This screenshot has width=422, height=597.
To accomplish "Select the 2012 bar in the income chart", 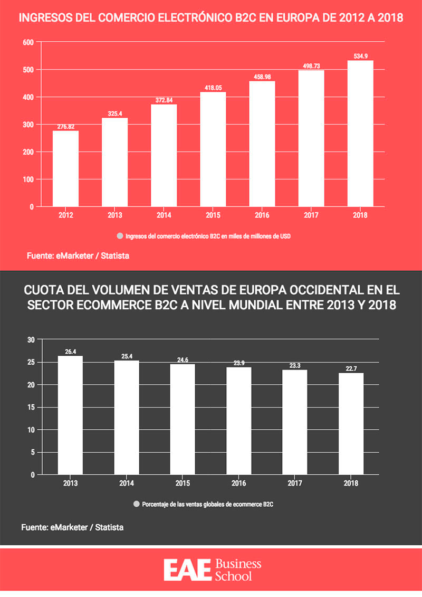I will click(65, 168).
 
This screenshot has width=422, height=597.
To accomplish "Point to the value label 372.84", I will click(164, 100).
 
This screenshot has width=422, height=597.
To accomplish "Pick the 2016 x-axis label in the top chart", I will click(262, 215).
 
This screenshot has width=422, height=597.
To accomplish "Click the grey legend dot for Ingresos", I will click(120, 236).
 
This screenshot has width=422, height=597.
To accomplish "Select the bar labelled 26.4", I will click(70, 415).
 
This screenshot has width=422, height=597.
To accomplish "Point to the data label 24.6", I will click(183, 360).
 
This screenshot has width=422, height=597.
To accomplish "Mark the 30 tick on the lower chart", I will click(31, 339).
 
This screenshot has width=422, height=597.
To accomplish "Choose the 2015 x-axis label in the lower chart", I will click(183, 484).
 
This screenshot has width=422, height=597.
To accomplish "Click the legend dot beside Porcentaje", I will click(137, 504).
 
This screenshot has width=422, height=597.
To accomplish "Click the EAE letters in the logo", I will click(187, 571).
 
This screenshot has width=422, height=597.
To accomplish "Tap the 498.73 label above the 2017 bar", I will click(311, 66).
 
